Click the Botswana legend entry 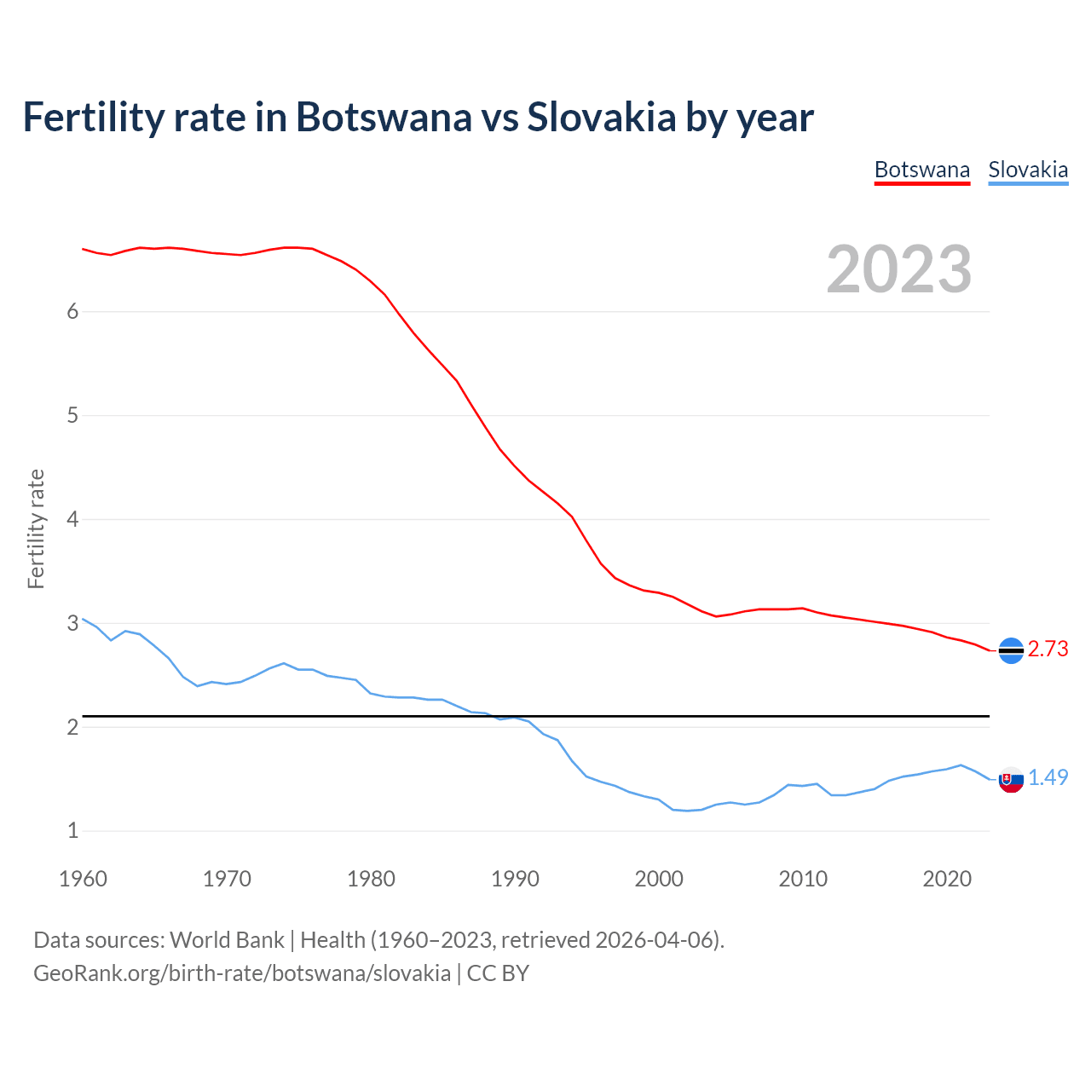coord(922,170)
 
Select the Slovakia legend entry coord(1028,170)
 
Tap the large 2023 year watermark coord(899,269)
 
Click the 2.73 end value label coord(1048,649)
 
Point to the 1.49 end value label coord(1048,777)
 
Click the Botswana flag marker coord(1011,650)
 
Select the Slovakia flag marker coord(1011,779)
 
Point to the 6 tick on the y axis coord(72,312)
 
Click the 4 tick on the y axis coord(72,519)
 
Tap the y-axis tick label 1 coord(72,830)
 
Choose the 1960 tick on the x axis coord(83,879)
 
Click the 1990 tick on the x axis coord(515,879)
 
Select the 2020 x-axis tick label coord(947,879)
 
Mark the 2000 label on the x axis coord(659,879)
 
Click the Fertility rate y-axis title coord(36,528)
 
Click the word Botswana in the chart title coord(383,117)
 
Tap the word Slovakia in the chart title coord(601,117)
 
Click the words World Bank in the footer coord(227,940)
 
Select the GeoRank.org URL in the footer coord(242,973)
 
